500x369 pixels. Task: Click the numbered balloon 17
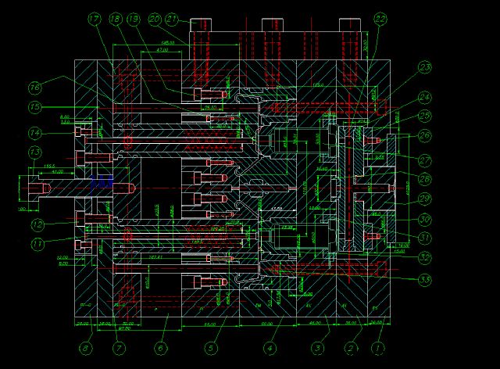[x=95, y=18]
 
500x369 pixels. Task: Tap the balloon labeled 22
[x=380, y=19]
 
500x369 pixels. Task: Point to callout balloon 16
[x=35, y=87]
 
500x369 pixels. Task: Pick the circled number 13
[x=35, y=151]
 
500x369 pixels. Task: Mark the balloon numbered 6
[x=161, y=348]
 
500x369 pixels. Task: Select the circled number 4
[x=270, y=348]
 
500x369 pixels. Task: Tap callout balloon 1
[x=379, y=348]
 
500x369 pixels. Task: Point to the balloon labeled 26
[x=424, y=135]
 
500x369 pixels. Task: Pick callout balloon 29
[x=424, y=199]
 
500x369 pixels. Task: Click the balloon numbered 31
[x=424, y=238]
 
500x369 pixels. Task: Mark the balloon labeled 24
[x=424, y=98]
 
